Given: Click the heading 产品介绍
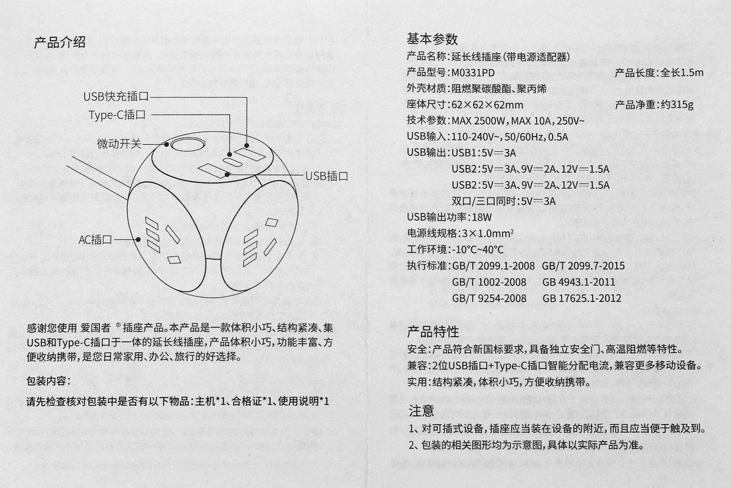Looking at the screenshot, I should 59,42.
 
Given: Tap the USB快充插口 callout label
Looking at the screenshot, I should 116,96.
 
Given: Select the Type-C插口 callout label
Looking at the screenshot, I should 117,114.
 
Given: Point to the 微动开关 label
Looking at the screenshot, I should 119,144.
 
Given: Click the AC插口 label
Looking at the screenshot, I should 96,240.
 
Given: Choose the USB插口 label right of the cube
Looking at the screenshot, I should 327,176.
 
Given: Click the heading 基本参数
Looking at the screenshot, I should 432,39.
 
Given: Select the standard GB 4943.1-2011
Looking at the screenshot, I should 578,282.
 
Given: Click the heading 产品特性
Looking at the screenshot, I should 433,332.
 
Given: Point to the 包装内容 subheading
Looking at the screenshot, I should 49,381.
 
